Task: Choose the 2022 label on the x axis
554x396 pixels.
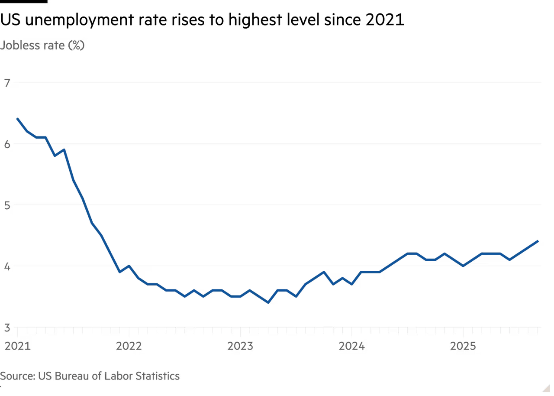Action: click(x=128, y=346)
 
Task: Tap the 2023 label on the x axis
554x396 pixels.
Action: click(x=240, y=346)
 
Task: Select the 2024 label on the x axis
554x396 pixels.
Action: click(x=351, y=346)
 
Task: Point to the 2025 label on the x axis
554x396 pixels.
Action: click(x=463, y=346)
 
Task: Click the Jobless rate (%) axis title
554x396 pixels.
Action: click(x=42, y=45)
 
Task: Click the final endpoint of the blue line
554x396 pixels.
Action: click(x=538, y=240)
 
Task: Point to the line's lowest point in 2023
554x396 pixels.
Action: click(x=268, y=303)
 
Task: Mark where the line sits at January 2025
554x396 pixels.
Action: click(x=463, y=265)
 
